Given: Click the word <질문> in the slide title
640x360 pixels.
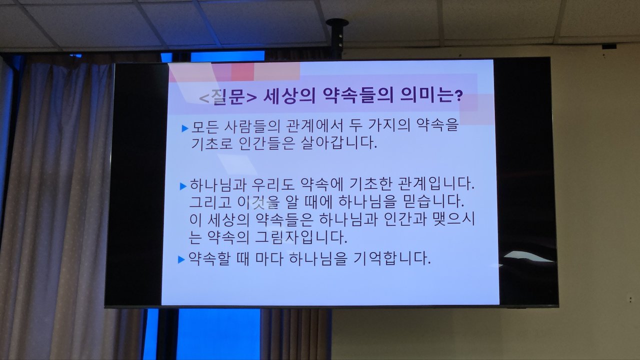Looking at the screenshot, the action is [228, 97].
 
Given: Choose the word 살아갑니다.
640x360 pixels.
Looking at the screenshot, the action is [339, 142].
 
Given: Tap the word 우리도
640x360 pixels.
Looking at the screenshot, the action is [273, 184].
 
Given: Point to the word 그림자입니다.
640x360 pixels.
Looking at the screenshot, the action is [301, 237].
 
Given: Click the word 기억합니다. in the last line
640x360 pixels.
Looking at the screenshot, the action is [392, 258].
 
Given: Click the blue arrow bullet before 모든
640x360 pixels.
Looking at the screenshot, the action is [185, 128].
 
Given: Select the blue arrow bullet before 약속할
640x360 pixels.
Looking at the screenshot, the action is [181, 259].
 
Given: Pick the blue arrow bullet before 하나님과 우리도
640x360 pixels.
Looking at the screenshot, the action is [183, 186].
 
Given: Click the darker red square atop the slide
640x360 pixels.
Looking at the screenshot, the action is [242, 72].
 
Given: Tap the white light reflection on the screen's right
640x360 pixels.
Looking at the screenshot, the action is [528, 256].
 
